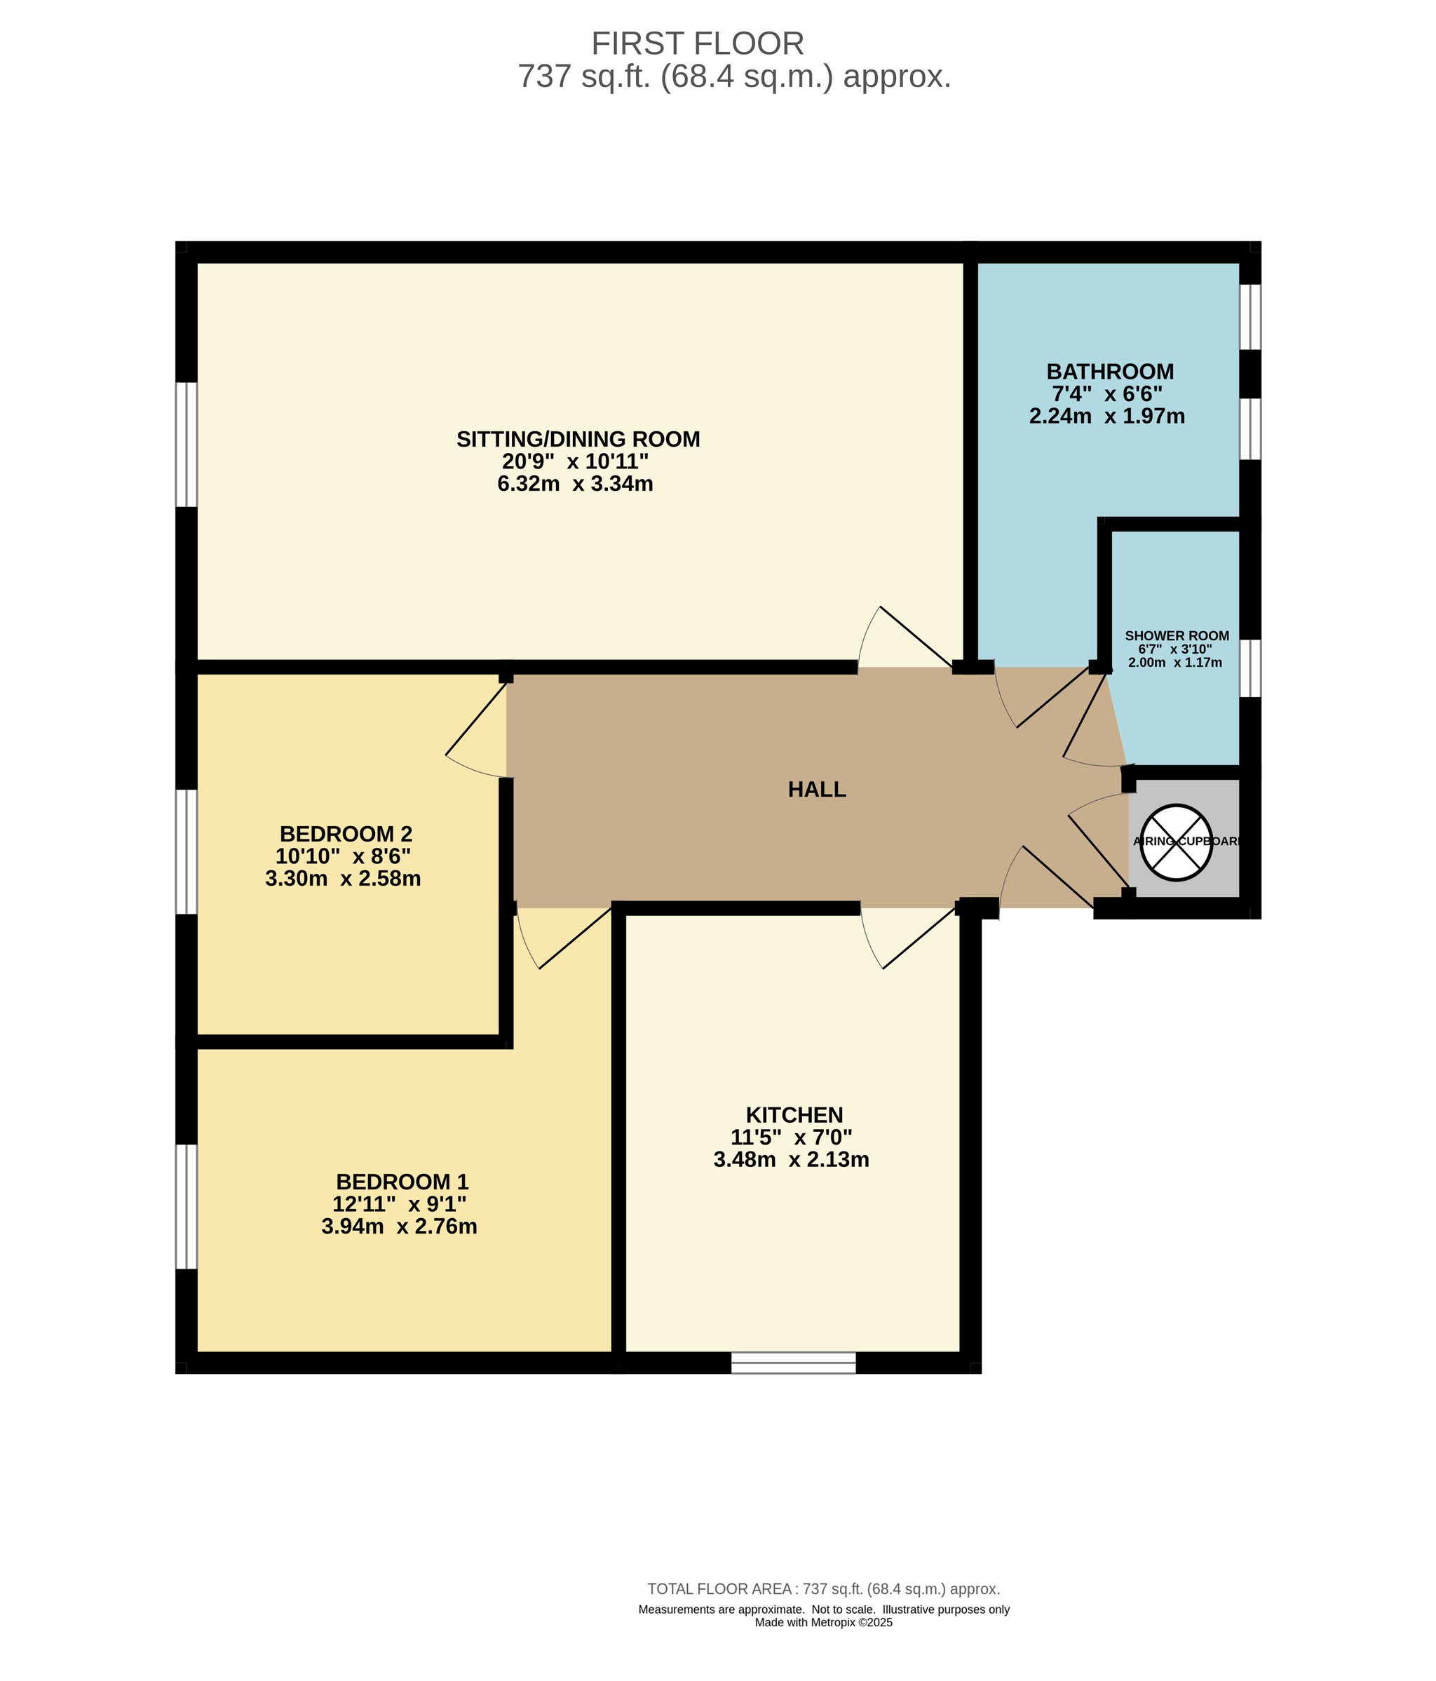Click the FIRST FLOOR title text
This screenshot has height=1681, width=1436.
coord(697,43)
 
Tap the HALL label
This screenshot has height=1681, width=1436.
coord(817,790)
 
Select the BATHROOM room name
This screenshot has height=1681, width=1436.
coord(1110,372)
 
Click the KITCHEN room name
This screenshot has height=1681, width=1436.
coord(794,1115)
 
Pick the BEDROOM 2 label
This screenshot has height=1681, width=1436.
coord(346,833)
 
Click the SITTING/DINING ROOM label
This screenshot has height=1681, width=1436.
coord(578,439)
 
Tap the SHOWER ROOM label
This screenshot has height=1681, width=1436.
coord(1177,636)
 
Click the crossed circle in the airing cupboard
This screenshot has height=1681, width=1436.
coord(1176,842)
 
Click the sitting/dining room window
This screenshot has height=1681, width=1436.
coord(187,445)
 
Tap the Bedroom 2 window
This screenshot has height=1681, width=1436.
coord(187,852)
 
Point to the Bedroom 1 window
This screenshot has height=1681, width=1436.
coord(187,1206)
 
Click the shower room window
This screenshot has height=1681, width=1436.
coord(1250,668)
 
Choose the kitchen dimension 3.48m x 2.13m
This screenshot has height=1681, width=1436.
coord(791,1159)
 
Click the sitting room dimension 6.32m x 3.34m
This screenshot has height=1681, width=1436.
coord(575,485)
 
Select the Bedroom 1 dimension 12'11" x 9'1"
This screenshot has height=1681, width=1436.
coord(400,1204)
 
